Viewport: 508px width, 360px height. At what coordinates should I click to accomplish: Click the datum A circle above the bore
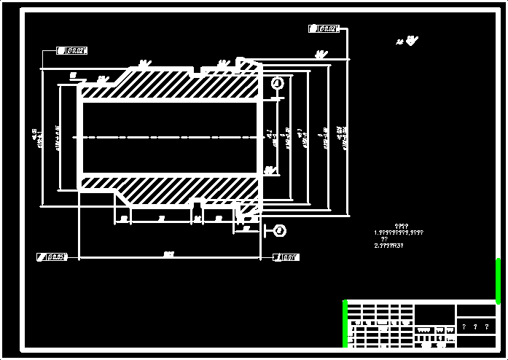(277, 84)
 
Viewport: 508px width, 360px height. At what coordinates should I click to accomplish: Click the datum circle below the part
(280, 231)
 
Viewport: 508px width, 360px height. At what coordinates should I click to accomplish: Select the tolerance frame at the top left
(72, 51)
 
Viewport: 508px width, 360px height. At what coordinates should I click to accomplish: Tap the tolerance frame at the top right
(324, 29)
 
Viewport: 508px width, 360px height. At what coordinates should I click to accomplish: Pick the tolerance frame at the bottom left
(52, 257)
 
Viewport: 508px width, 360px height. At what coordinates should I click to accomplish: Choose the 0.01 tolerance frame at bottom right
(286, 257)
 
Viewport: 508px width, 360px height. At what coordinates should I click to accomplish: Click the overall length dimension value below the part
(169, 254)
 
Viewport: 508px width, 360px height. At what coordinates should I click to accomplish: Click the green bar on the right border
(499, 281)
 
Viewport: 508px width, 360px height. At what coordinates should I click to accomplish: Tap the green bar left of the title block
(345, 324)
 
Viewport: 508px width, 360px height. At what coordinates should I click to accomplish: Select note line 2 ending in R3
(389, 246)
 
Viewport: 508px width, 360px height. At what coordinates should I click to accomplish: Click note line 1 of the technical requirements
(399, 232)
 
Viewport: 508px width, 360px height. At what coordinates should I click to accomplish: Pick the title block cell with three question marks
(475, 327)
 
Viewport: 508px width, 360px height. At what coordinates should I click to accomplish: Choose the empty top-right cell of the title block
(475, 310)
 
